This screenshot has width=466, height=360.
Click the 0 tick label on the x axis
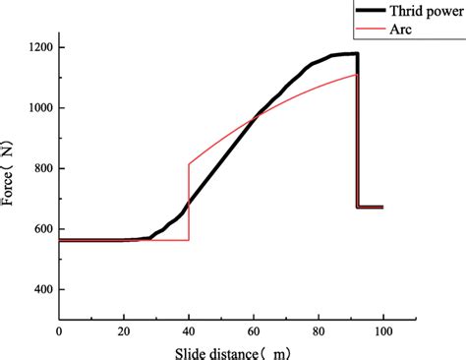(x=59, y=334)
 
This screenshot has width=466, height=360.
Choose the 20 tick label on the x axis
(x=124, y=334)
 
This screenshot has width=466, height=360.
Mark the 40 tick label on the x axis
(x=189, y=334)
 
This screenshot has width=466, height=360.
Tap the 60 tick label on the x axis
(x=254, y=334)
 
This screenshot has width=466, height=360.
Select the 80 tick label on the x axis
(x=319, y=334)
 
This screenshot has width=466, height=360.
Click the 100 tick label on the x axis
(x=383, y=334)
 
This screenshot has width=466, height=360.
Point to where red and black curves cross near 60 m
(x=257, y=117)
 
